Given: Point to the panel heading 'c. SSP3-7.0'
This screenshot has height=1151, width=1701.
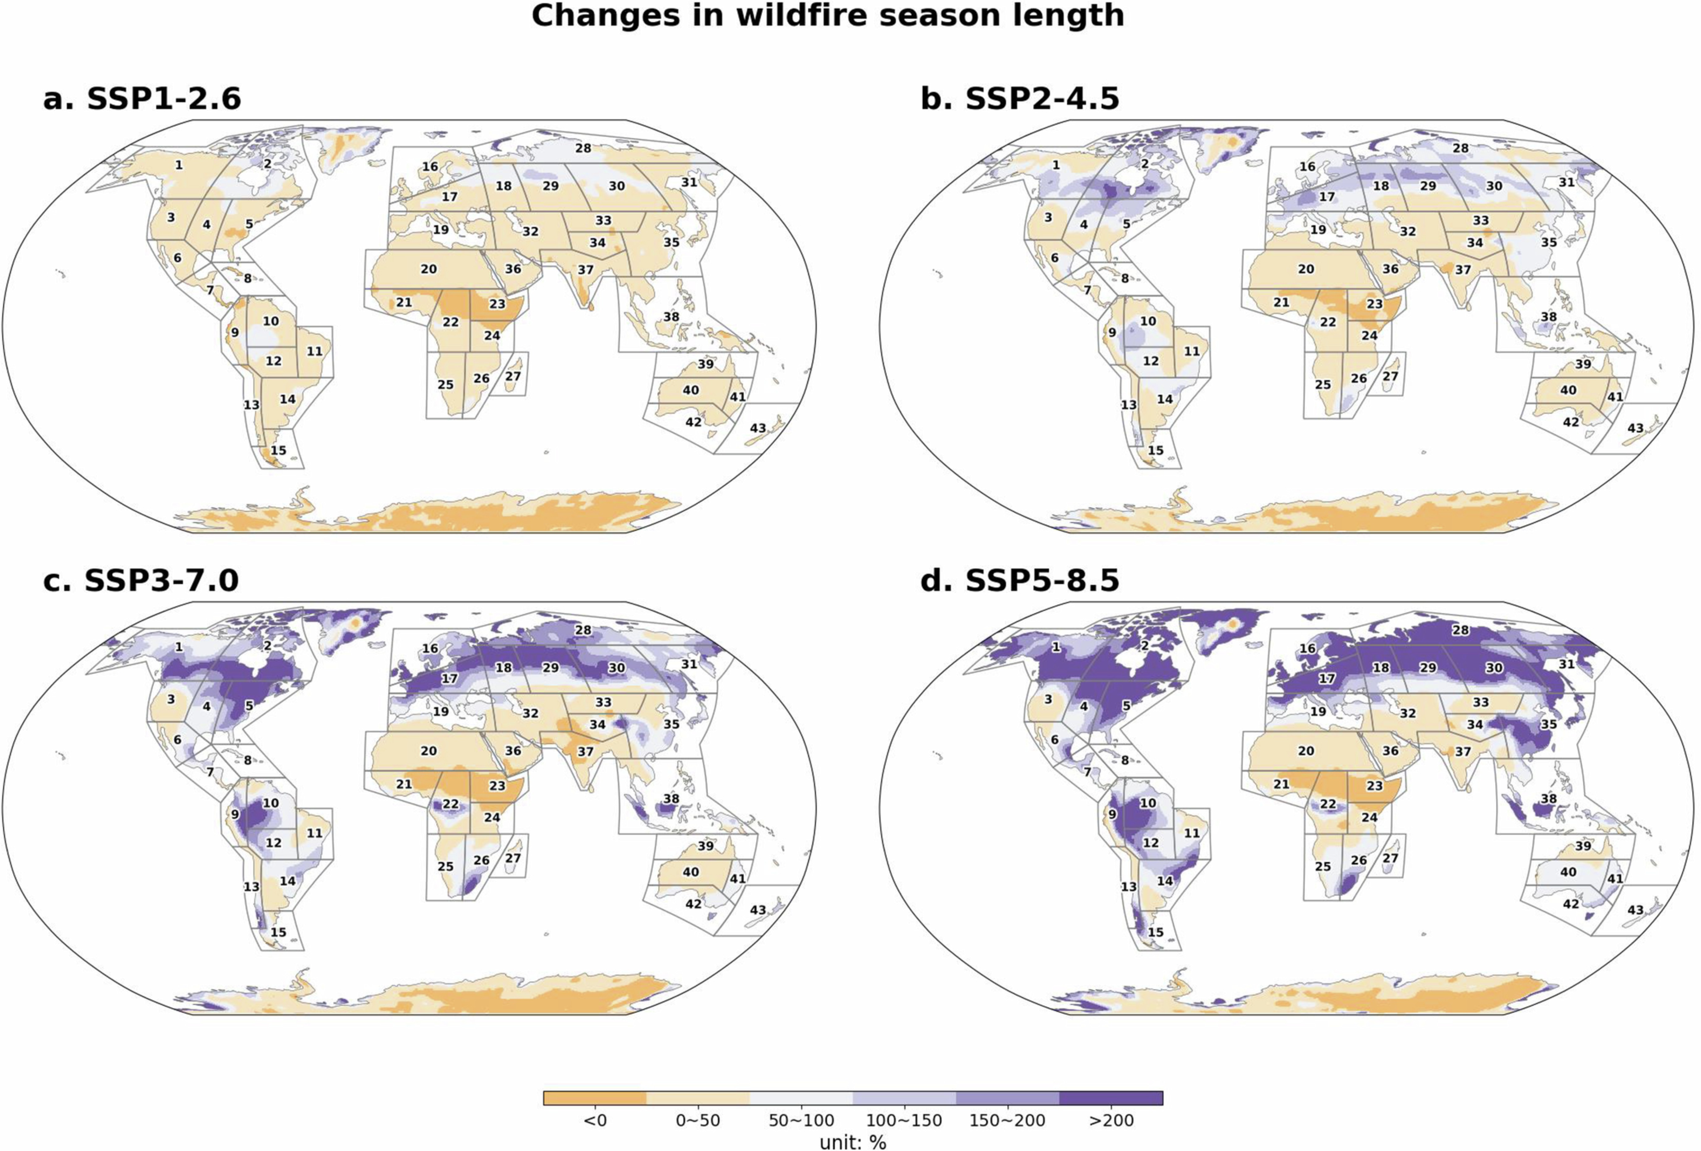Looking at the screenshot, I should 141,581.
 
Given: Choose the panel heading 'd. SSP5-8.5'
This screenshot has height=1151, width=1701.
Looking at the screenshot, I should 1020,581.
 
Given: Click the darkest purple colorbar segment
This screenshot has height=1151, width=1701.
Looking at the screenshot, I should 1111,1098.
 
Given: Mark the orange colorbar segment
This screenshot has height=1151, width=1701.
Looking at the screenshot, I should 595,1098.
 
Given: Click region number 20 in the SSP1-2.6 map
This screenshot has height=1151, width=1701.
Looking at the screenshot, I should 429,270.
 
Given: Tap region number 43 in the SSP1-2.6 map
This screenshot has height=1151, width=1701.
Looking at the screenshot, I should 758,428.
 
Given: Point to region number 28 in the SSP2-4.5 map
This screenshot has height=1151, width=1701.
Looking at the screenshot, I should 1460,148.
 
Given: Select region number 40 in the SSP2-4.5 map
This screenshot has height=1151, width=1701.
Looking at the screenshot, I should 1568,390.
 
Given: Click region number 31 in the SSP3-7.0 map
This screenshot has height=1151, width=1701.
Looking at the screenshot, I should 689,664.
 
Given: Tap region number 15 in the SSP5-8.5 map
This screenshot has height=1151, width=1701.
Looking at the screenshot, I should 1155,932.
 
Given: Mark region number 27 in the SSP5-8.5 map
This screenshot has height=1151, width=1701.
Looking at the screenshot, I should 1390,858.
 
